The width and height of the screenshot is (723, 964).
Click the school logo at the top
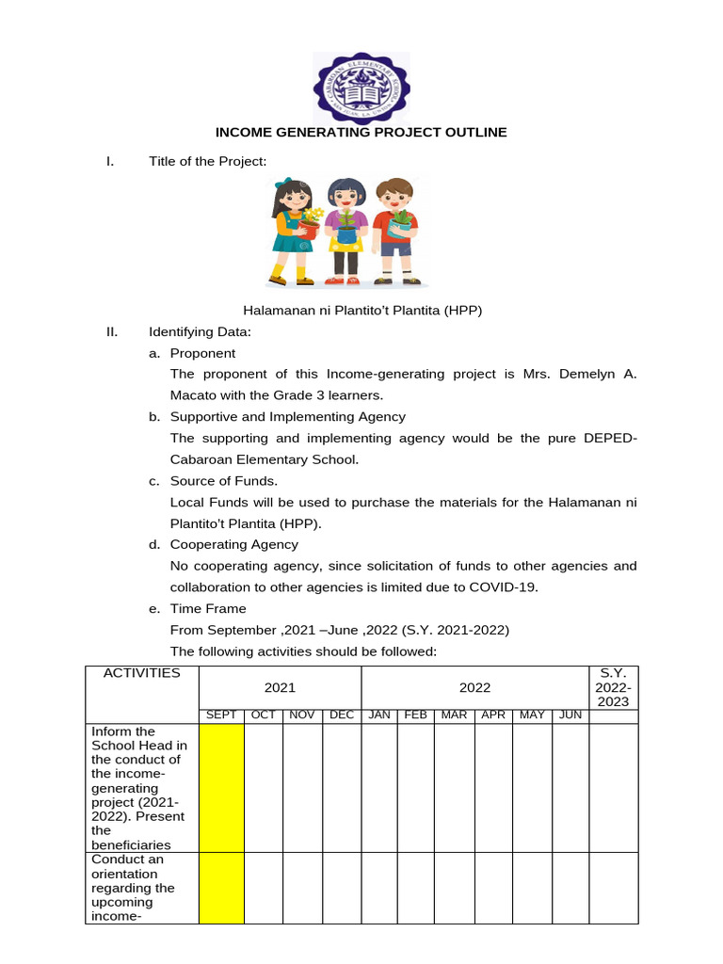pos(361,86)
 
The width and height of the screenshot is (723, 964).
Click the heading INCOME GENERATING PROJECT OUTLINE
pos(361,132)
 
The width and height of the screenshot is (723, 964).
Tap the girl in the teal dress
pos(293,231)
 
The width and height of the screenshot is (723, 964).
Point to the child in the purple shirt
pos(345,231)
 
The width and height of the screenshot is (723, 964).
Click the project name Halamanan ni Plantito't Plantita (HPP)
pos(362,310)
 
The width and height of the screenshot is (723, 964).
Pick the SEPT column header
pos(220,715)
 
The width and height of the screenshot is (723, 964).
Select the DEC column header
pos(342,715)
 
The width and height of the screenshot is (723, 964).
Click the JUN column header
pos(570,715)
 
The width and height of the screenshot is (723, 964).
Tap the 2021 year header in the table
pos(280,688)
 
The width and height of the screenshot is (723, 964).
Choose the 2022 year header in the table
pos(474,688)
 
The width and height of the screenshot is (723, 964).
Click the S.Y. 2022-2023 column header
pos(613,688)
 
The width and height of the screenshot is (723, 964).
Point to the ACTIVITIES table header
pos(141,673)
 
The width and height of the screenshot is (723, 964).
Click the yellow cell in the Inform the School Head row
pos(220,787)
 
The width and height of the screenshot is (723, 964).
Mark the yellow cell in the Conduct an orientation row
pos(220,888)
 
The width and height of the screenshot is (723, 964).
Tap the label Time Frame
pos(208,608)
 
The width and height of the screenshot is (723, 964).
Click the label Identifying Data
pos(200,332)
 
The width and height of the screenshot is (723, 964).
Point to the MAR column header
pos(454,715)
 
